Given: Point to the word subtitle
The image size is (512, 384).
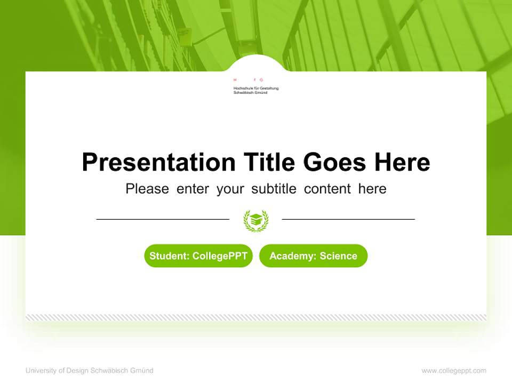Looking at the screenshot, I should (274, 189).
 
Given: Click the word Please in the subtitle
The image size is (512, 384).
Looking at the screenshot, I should (147, 189).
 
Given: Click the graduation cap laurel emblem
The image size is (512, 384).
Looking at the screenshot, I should (256, 220).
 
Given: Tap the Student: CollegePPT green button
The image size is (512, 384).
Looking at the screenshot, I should (198, 256).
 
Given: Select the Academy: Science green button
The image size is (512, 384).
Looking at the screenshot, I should (313, 256).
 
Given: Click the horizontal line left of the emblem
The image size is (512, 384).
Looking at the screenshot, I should (163, 219).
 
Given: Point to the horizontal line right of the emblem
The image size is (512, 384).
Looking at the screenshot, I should (348, 219).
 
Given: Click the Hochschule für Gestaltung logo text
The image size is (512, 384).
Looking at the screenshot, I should (256, 90).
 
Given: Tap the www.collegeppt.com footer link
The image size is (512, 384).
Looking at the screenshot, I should (454, 371).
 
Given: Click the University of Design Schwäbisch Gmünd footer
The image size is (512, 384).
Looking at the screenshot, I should (89, 371).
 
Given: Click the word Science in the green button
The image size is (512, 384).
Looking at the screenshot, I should (338, 256).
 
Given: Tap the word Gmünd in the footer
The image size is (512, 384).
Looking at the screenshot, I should (141, 371).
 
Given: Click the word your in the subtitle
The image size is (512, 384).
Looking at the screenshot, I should (230, 189).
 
